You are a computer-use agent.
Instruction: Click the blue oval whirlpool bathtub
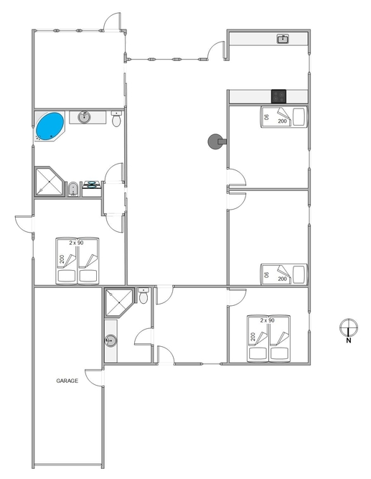tap(50, 126)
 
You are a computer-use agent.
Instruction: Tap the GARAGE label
tap(67, 381)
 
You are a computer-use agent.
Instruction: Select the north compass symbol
tap(349, 327)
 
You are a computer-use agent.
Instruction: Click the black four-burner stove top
tap(278, 96)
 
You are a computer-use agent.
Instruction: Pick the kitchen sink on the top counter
tap(283, 39)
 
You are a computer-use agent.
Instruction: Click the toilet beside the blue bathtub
tap(116, 118)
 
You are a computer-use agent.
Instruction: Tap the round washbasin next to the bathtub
tap(84, 116)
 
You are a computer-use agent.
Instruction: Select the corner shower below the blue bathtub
tap(49, 182)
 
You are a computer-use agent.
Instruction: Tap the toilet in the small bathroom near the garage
tap(144, 295)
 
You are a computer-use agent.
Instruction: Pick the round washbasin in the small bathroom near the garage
tap(111, 340)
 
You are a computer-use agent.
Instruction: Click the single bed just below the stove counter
tap(283, 116)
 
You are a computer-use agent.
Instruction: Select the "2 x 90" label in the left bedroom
tap(76, 243)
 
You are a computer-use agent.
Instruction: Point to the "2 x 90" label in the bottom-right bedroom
tap(268, 320)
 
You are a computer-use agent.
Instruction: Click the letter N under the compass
tap(349, 340)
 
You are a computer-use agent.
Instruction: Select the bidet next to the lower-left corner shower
tap(72, 189)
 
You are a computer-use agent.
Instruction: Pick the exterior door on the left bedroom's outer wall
tap(24, 225)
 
